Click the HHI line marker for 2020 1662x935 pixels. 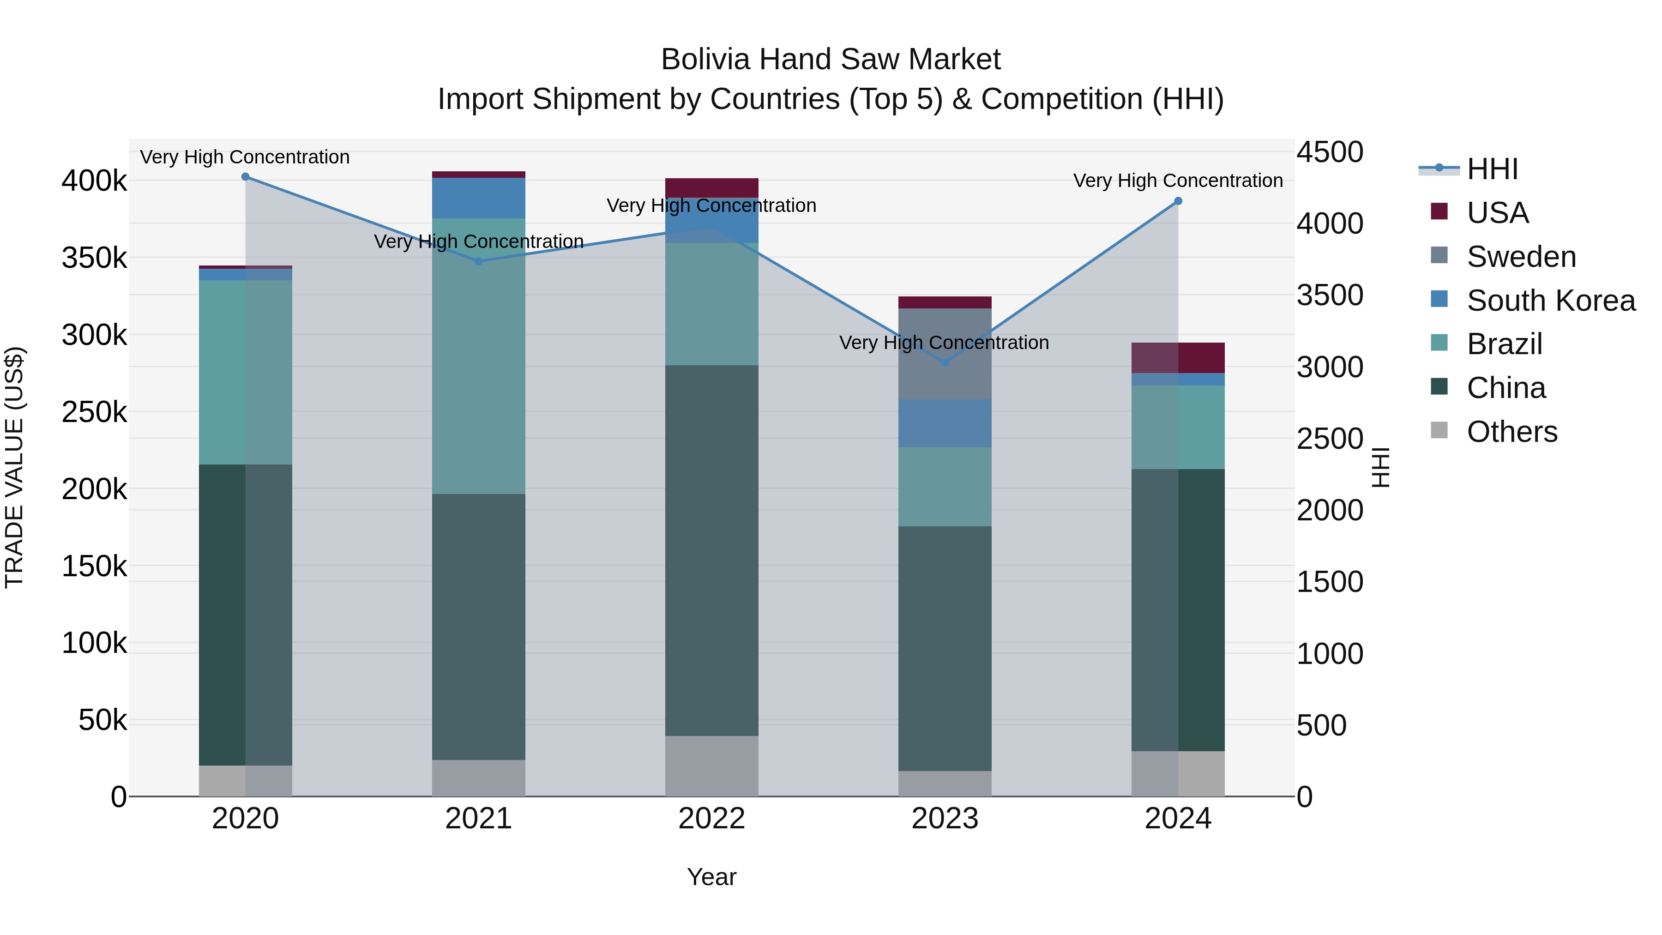245,177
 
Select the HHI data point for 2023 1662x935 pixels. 945,362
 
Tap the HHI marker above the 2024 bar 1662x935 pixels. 1178,201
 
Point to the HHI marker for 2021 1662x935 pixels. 479,261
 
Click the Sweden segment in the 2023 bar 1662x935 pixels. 945,354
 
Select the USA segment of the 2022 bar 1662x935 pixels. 711,188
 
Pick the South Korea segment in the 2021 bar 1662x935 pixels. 479,198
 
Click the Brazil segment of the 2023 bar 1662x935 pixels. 945,487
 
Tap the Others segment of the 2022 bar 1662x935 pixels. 711,766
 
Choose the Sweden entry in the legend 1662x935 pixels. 1521,257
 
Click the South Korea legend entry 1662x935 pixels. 1550,301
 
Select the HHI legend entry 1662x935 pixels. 1492,169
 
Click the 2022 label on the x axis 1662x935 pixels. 711,819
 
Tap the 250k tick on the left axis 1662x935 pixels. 94,412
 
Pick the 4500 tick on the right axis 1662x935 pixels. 1330,153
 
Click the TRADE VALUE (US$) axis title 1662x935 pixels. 14,467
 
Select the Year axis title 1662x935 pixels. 711,877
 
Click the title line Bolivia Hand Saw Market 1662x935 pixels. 831,60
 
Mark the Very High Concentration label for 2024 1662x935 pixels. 1178,181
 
